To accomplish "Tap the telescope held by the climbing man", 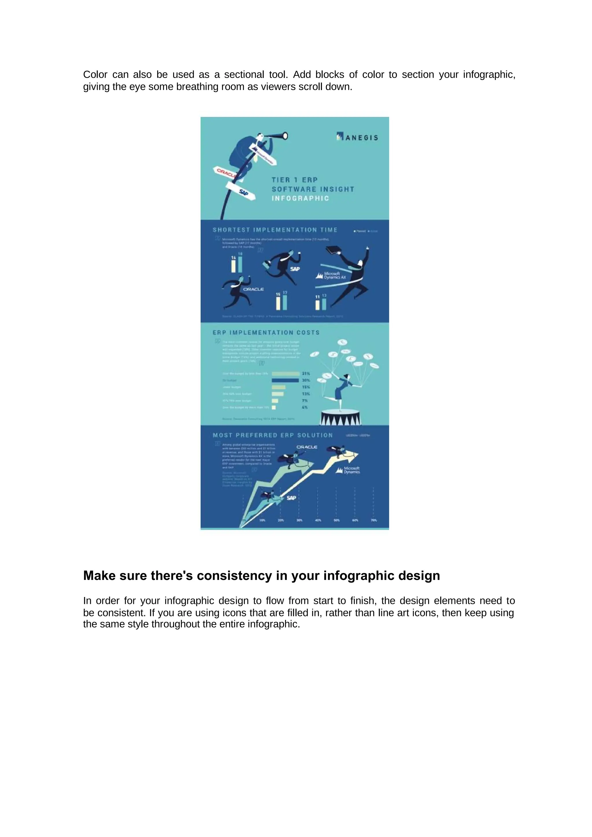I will pos(277,136).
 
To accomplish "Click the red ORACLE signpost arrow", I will pos(225,173).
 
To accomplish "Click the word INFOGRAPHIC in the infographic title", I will pos(300,198).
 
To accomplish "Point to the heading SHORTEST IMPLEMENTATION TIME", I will pos(275,230).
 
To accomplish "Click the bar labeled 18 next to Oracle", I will pos(240,265).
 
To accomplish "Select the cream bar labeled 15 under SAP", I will pos(278,303).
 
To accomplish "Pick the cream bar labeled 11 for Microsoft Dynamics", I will pos(317,305).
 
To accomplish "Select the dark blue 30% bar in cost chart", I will pos(285,380).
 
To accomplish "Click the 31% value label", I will pos(306,374).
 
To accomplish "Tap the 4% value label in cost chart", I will pos(305,407).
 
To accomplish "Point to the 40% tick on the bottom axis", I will pos(318,520).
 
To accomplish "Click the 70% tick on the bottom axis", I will pos(373,520).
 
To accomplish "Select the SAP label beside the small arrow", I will pos(291,498).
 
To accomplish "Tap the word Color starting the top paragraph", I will pos(95,75).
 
